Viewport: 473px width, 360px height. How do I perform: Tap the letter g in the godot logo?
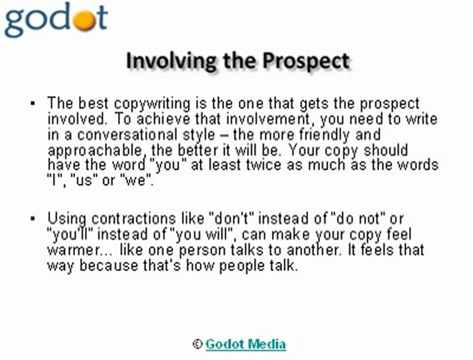15,22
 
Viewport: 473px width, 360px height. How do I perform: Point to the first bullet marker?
33,104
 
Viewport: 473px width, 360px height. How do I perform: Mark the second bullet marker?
33,218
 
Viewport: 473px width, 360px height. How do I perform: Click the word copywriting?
152,103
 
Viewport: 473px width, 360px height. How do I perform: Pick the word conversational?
127,134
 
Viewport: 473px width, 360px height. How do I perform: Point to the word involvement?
268,119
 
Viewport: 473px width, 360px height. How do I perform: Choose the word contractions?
133,219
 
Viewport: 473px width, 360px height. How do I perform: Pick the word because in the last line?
108,266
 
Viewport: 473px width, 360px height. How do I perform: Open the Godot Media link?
245,344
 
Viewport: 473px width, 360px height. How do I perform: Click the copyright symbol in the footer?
197,344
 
